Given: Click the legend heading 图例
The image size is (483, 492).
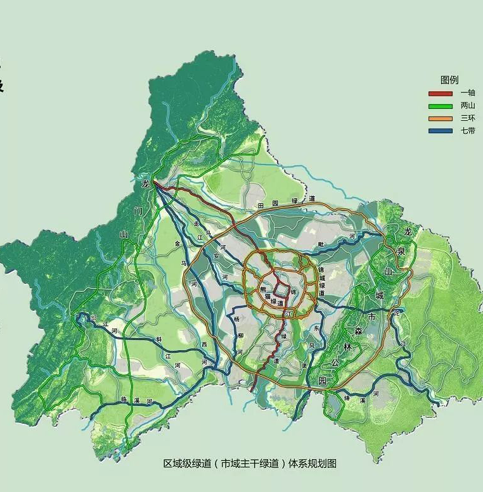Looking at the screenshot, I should pos(449,80).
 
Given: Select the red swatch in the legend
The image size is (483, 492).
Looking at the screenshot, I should pos(440,93).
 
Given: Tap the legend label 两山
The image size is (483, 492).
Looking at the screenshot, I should pos(468,106).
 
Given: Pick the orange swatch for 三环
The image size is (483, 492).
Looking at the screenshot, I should pos(440,118).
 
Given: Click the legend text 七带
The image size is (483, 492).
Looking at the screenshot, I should pos(468,131).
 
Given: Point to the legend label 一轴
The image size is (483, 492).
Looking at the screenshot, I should pos(468,93).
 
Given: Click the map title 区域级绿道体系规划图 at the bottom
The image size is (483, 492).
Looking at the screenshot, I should pos(250,464).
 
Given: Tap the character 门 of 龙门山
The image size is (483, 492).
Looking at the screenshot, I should pos(138,210).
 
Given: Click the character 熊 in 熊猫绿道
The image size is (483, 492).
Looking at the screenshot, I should pos(262,289).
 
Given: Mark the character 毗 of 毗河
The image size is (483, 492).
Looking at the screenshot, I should pos(321,244).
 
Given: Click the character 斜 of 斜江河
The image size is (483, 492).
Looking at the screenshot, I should pos(159,339).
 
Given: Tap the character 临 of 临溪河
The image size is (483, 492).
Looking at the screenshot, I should pos(123,400).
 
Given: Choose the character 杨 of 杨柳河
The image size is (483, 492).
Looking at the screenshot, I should pos(236,319).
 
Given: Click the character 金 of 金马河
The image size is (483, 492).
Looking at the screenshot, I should pos(177,243).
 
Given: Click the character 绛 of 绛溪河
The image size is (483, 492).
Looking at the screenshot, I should pos(347,398).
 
